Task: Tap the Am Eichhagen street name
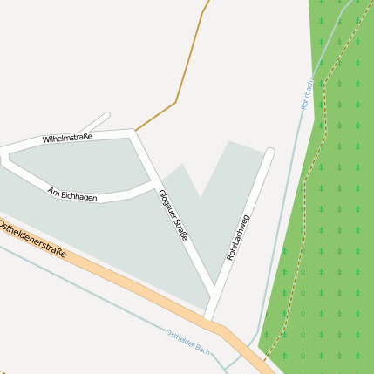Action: tap(72, 194)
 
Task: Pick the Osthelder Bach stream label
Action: tap(188, 341)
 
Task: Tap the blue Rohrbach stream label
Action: tap(310, 92)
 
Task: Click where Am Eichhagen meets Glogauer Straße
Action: tap(153, 184)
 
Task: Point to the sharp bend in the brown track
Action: tap(176, 102)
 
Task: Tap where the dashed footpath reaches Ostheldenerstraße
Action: tap(264, 357)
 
